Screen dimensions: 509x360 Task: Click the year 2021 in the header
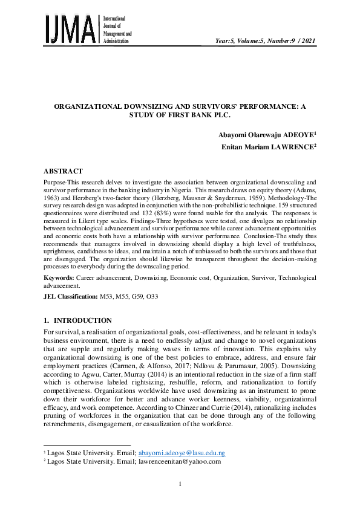coord(307,41)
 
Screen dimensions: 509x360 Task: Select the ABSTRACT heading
coord(63,171)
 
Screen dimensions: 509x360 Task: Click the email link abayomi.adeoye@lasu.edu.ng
coord(182,452)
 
